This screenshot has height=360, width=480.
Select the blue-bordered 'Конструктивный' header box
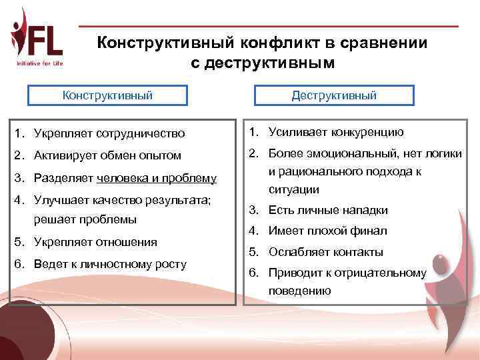[107, 95]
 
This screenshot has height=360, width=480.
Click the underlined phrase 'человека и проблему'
[157, 178]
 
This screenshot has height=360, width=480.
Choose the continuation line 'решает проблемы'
[80, 219]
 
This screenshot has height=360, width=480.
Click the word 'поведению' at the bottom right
[299, 291]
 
